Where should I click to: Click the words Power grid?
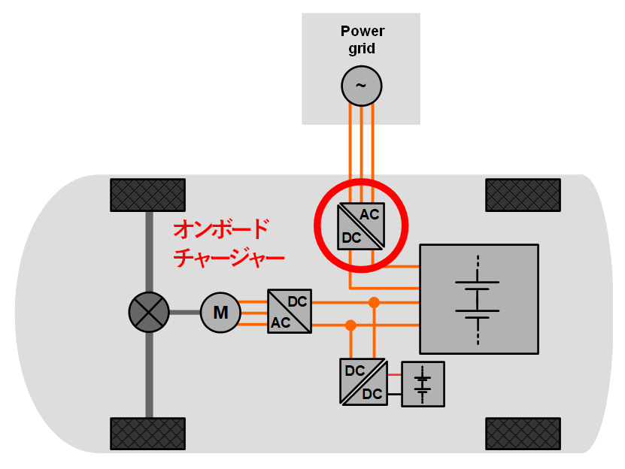(362, 40)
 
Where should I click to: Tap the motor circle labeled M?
(220, 312)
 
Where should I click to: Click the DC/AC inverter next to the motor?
(290, 311)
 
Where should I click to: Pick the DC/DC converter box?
(364, 382)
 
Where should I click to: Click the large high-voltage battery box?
(478, 298)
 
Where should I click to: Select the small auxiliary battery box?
(423, 384)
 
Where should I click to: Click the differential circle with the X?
(149, 312)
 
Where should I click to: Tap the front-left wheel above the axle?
(147, 195)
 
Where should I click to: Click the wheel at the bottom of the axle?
(147, 433)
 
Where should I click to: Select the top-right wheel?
(523, 195)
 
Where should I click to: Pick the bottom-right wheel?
(523, 433)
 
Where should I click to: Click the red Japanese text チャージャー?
(229, 259)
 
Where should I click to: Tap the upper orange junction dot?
(373, 302)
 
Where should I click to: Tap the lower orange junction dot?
(350, 325)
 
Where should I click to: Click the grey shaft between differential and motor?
(184, 312)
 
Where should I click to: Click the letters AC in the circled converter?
(369, 214)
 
